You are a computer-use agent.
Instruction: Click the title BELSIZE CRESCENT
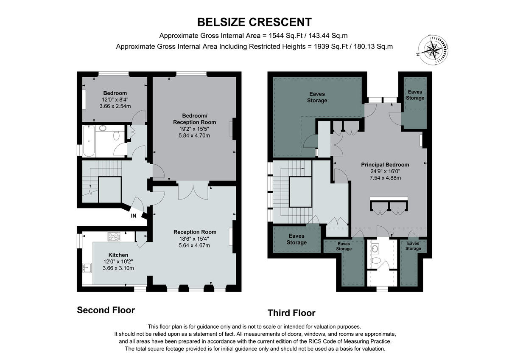(255, 22)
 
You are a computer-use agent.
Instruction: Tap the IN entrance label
(134, 216)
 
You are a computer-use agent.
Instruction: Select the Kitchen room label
(112, 255)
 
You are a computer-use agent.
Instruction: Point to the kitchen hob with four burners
(114, 237)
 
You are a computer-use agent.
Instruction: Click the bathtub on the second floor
(89, 141)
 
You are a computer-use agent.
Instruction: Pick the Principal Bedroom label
(385, 165)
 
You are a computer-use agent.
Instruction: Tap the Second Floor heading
(106, 310)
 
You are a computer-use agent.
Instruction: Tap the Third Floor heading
(291, 313)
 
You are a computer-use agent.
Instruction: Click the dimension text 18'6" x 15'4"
(195, 239)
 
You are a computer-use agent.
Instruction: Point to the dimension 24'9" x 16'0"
(385, 172)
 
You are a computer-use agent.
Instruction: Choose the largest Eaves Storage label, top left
(317, 97)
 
